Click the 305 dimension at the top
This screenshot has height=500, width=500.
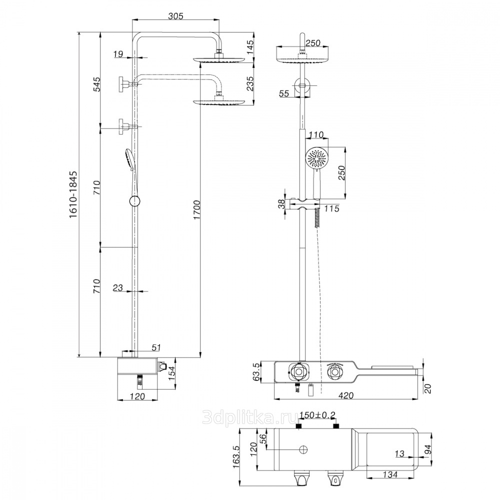pyautogui.click(x=176, y=15)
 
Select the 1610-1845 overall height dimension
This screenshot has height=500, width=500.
pyautogui.click(x=73, y=194)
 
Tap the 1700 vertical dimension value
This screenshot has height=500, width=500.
pyautogui.click(x=196, y=210)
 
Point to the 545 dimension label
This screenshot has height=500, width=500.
pyautogui.click(x=97, y=84)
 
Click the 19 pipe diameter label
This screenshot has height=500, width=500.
pyautogui.click(x=118, y=54)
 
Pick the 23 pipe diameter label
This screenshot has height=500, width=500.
pyautogui.click(x=117, y=287)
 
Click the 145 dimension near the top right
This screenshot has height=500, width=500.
pyautogui.click(x=250, y=47)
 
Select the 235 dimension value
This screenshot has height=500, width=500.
pyautogui.click(x=250, y=83)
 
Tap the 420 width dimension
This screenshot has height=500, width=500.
pyautogui.click(x=345, y=395)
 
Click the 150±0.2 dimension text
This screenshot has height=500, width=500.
pyautogui.click(x=317, y=415)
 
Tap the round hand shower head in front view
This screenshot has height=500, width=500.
pyautogui.click(x=316, y=158)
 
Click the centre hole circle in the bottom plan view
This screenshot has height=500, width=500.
pyautogui.click(x=303, y=449)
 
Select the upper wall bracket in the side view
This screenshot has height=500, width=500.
pyautogui.click(x=127, y=84)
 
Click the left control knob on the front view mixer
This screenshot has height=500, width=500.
pyautogui.click(x=299, y=371)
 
